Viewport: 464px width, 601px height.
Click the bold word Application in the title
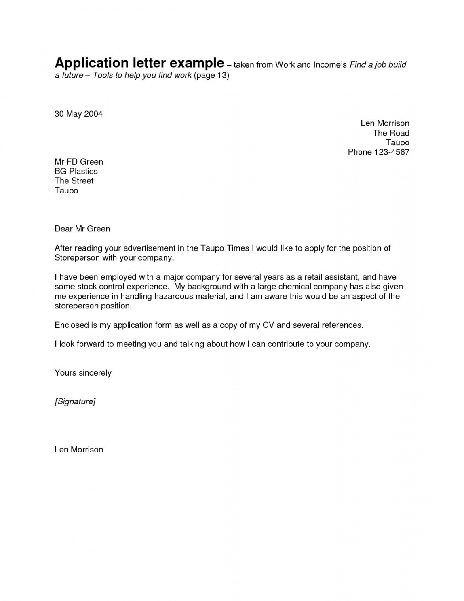(91, 64)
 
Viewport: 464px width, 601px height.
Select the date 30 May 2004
(78, 114)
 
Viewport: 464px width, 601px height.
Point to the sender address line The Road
(391, 133)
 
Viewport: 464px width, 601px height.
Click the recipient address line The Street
(74, 181)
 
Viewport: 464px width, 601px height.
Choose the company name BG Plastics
(76, 171)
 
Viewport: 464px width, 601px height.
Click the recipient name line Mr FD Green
(79, 162)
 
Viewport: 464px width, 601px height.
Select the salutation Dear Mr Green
(82, 229)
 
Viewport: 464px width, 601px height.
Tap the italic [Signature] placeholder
(75, 401)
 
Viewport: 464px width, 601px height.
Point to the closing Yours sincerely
(83, 373)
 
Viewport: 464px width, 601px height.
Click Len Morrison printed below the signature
(79, 450)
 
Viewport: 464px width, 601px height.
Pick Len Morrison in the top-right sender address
(385, 123)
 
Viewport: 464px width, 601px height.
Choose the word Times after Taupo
(238, 248)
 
